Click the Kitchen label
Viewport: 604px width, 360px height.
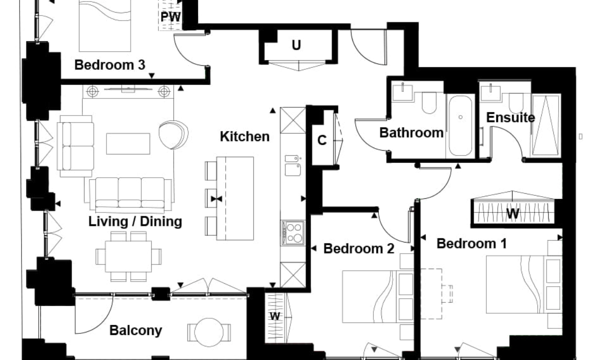245,136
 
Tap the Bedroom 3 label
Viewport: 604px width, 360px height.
110,65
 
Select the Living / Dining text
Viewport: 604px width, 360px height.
135,221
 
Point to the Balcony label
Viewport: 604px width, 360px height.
136,330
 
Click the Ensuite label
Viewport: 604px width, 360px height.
511,117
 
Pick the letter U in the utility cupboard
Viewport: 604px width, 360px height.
296,45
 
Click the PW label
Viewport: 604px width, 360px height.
170,17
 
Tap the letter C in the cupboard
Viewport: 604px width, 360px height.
322,141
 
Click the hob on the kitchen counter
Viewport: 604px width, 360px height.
293,233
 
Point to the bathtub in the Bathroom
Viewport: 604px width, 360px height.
460,126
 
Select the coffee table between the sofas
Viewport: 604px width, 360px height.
128,144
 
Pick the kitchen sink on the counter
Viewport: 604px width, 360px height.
292,166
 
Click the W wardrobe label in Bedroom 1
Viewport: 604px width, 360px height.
513,214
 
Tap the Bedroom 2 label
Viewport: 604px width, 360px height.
358,248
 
